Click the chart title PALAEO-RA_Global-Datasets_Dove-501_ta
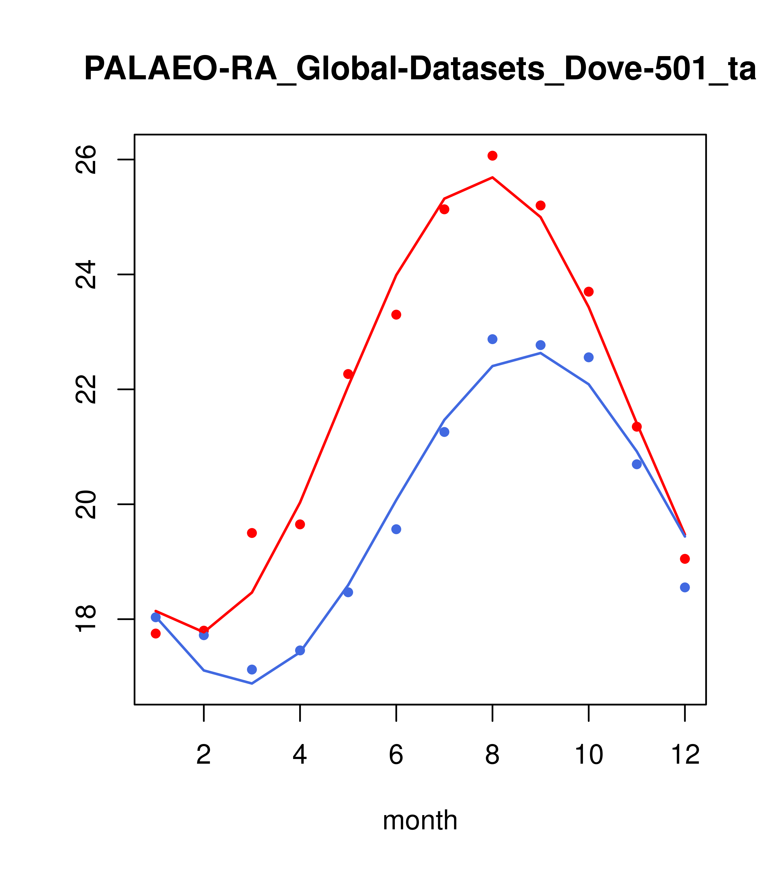click(x=420, y=69)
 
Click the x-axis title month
click(x=420, y=820)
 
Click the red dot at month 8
click(x=492, y=156)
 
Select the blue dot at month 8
click(x=492, y=339)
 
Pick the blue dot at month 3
click(x=252, y=669)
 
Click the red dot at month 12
click(x=685, y=559)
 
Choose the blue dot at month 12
click(x=685, y=588)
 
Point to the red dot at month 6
click(x=396, y=315)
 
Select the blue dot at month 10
click(x=588, y=357)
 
